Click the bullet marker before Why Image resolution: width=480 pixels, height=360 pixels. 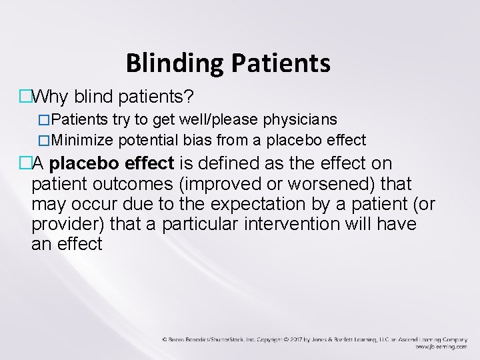point(25,98)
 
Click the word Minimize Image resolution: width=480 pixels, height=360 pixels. point(83,140)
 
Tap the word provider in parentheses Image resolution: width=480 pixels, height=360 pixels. point(65,224)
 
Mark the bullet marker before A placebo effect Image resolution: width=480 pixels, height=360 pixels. point(25,164)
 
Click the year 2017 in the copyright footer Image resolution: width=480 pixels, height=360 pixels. point(299,339)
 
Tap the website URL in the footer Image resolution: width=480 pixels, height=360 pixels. point(439,347)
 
